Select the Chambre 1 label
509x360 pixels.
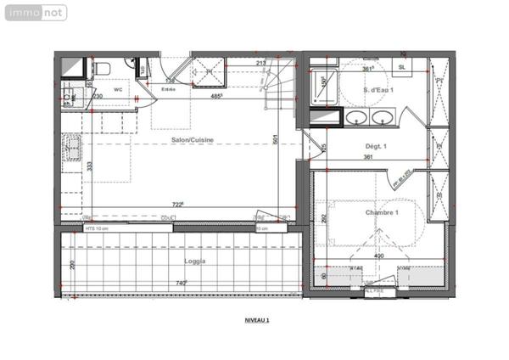coord(382,212)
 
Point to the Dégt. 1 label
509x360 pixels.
coord(375,146)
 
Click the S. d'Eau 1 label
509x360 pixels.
coord(377,89)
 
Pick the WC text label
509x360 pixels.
coord(118,87)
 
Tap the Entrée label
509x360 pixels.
coord(169,87)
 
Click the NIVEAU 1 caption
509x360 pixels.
coord(257,320)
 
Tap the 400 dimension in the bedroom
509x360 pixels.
coord(379,256)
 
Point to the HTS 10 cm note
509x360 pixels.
coord(97,228)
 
